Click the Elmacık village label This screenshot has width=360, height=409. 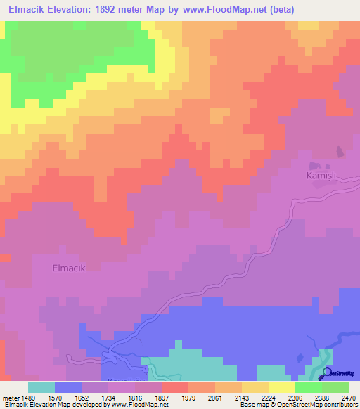coord(68,267)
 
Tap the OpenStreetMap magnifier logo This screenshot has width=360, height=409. coord(327,374)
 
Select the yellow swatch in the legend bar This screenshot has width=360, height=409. coord(282,387)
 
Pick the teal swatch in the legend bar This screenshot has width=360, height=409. coord(41,387)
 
